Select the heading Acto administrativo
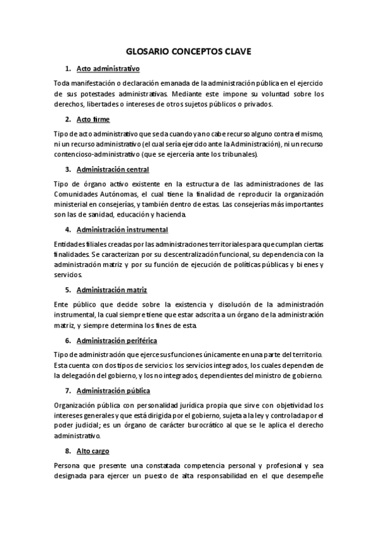click(x=108, y=68)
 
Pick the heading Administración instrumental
click(x=122, y=229)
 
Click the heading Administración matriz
click(x=111, y=290)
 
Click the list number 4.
click(x=67, y=229)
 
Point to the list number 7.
click(x=67, y=391)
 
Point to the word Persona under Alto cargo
click(x=68, y=466)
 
